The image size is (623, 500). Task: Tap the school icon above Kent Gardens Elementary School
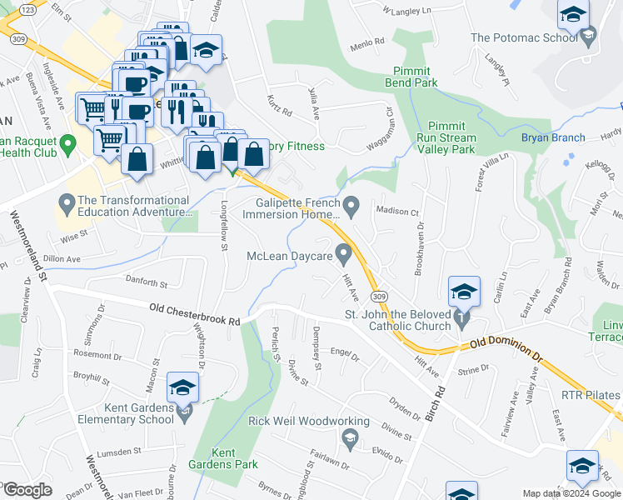182,387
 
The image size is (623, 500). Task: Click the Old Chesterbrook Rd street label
195,314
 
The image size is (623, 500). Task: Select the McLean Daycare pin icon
342,252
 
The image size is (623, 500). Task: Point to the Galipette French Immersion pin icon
351,204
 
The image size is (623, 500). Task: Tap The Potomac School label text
524,37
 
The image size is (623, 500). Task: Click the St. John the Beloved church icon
463,318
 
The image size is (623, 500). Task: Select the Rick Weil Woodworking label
297,422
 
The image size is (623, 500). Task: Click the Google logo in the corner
27,490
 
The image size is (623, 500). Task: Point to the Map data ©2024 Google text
571,493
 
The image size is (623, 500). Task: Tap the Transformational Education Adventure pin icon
67,202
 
